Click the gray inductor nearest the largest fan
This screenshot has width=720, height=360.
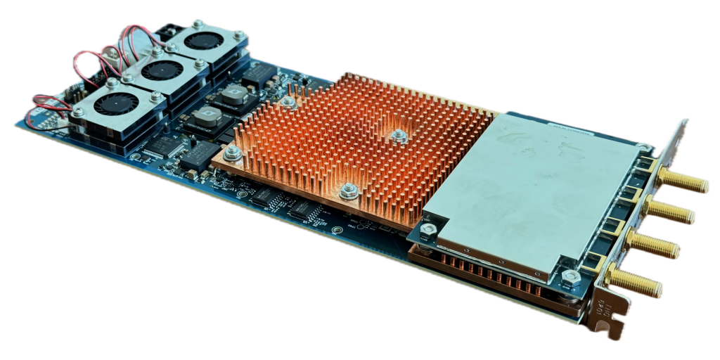[x=204, y=119]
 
